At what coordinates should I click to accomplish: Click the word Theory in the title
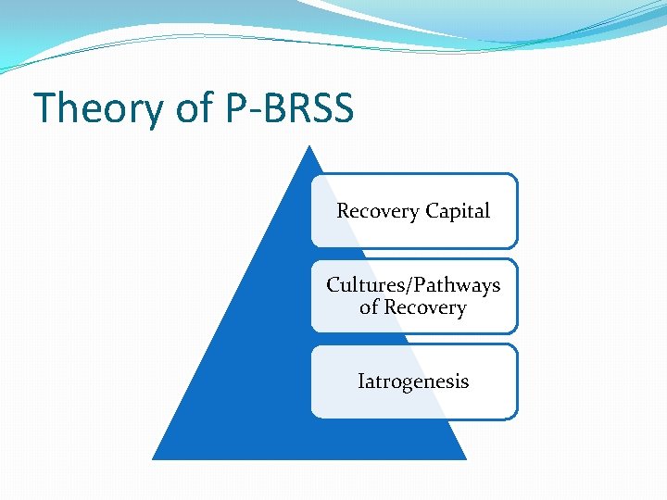tap(96, 108)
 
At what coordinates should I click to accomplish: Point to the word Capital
tap(458, 211)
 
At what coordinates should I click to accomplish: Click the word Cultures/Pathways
tap(413, 285)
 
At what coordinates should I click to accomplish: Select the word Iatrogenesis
tap(413, 381)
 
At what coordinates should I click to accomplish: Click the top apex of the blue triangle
tap(309, 145)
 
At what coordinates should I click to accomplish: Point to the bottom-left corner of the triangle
tap(153, 459)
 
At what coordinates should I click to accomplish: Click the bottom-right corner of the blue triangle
tap(466, 459)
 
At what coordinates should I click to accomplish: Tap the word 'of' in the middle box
tap(370, 307)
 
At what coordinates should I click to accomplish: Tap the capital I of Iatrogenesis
tap(361, 381)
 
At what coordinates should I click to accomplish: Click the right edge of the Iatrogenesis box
tap(517, 381)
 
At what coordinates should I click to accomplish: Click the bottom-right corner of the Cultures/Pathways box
tap(514, 330)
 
